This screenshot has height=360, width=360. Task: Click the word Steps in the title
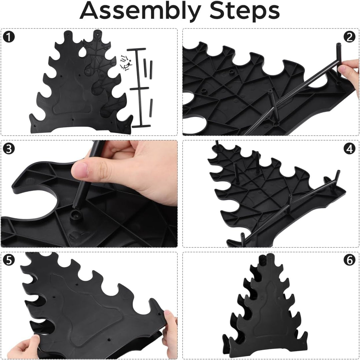coord(244,11)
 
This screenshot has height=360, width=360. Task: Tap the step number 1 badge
coord(9,37)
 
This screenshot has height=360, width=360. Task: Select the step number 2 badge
coord(349,37)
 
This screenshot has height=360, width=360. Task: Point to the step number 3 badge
coord(9,149)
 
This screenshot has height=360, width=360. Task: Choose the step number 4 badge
coord(349,149)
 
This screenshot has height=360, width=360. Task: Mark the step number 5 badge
coord(9,260)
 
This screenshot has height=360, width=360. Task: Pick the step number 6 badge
coord(349,260)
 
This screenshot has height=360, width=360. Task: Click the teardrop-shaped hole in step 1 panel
coord(82,52)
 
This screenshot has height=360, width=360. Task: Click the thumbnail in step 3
coord(80,170)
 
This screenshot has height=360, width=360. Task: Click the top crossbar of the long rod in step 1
coord(136,50)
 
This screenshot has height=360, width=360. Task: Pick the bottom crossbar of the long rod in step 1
coord(141,126)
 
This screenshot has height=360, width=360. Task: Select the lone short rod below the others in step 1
coord(151,108)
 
